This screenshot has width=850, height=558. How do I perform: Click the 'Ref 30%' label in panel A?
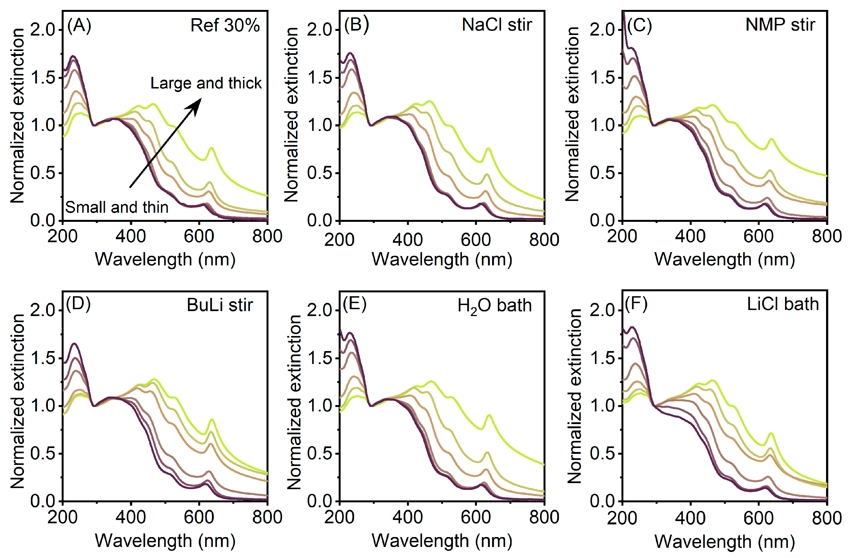(x=225, y=25)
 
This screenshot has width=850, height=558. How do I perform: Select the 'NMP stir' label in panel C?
(x=780, y=25)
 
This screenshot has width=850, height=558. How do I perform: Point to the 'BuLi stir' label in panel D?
(x=220, y=305)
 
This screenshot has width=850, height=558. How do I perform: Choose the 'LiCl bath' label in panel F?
(x=783, y=304)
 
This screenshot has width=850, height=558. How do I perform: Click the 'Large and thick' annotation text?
(x=206, y=83)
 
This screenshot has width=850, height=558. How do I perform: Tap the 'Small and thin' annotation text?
(x=117, y=207)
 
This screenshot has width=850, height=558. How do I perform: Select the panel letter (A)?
(x=79, y=26)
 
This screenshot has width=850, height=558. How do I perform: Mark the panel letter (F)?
(x=636, y=304)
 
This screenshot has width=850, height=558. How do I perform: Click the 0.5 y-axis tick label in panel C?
(x=602, y=173)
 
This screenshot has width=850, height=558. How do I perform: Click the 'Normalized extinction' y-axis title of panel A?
(x=17, y=115)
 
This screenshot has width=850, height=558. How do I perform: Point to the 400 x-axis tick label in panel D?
(x=131, y=517)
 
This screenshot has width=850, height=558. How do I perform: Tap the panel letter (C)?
(x=639, y=26)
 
